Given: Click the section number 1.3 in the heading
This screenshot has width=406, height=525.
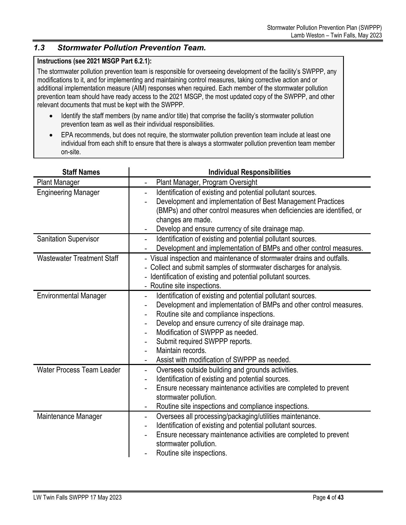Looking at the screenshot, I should point(39,48).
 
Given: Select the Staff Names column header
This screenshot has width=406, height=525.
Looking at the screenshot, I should point(81,172).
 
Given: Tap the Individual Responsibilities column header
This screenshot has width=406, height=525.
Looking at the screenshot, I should point(249,172).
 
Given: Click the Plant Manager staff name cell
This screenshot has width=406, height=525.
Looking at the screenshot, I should point(58,182).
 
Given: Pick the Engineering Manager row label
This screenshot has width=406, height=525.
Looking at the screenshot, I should point(68,192).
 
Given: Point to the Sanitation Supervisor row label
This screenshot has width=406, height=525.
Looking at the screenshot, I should point(68,239).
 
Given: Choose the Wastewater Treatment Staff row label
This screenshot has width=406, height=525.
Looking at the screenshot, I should point(78,258).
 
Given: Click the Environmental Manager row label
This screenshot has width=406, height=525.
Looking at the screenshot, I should point(72,296).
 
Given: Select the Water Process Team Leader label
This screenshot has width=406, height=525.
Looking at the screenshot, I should point(79,370).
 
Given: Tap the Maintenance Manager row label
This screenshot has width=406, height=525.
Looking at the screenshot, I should point(69,416).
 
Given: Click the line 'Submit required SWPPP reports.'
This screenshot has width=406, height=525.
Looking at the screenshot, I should point(204,342).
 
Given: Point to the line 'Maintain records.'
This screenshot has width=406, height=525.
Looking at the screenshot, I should point(181,351).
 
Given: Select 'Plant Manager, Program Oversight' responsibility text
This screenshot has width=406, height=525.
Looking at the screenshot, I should point(207,182).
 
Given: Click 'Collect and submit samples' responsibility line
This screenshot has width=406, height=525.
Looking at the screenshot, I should point(246,267).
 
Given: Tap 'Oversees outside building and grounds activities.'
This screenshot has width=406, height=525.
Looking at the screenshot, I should point(227,370).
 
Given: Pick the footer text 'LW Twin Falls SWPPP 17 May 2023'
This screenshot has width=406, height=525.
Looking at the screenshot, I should point(77,498).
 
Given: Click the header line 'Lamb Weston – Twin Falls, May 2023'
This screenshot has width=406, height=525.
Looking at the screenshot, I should point(336,35).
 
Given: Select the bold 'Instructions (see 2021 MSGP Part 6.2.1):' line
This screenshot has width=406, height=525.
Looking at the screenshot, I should point(94,61).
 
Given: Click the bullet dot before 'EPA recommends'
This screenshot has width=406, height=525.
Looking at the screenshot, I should point(51,135).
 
